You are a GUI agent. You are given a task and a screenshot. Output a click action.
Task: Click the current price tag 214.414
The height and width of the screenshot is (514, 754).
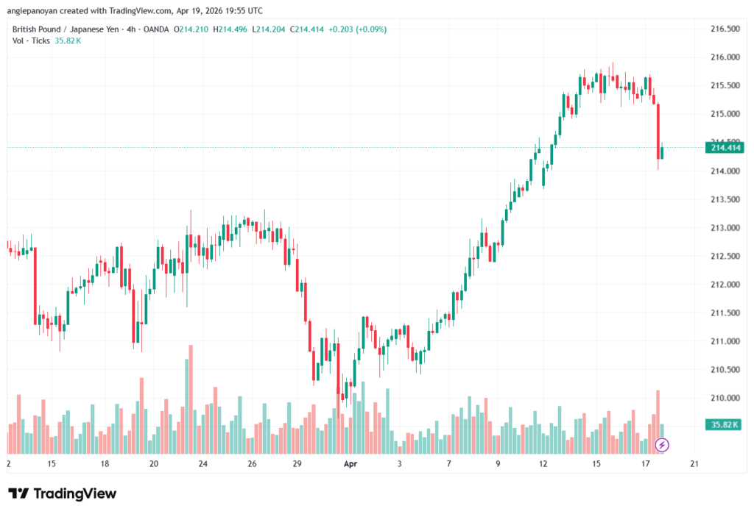[725, 148]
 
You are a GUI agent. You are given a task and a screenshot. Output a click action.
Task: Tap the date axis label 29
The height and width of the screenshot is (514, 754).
[297, 464]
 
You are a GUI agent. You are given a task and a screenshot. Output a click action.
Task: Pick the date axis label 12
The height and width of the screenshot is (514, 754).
[544, 464]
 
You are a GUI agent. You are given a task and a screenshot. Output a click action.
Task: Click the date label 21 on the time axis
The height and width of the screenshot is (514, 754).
[694, 464]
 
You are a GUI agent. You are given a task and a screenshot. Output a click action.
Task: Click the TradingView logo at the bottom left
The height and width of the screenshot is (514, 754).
[62, 493]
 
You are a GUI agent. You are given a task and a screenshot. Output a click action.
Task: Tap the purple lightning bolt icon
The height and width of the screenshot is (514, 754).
[662, 445]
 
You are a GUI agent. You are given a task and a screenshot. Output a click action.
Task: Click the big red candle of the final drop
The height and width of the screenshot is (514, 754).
[658, 132]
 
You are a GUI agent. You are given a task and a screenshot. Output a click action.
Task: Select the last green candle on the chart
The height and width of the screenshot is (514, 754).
[663, 152]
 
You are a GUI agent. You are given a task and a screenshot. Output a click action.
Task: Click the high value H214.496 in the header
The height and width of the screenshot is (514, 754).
[233, 29]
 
